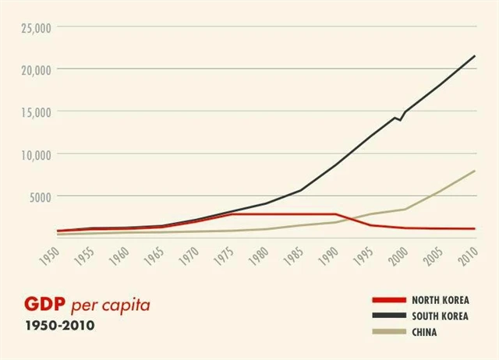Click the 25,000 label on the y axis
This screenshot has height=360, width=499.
pyautogui.click(x=34, y=27)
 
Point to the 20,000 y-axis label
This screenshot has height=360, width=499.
pyautogui.click(x=34, y=69)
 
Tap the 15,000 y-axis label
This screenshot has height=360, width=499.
pyautogui.click(x=34, y=111)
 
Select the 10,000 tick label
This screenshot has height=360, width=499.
pyautogui.click(x=34, y=154)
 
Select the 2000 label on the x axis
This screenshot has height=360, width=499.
pyautogui.click(x=397, y=255)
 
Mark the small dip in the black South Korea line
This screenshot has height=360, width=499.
pyautogui.click(x=400, y=119)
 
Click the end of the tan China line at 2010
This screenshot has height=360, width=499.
pyautogui.click(x=475, y=171)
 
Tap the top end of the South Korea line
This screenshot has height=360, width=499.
pyautogui.click(x=475, y=56)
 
